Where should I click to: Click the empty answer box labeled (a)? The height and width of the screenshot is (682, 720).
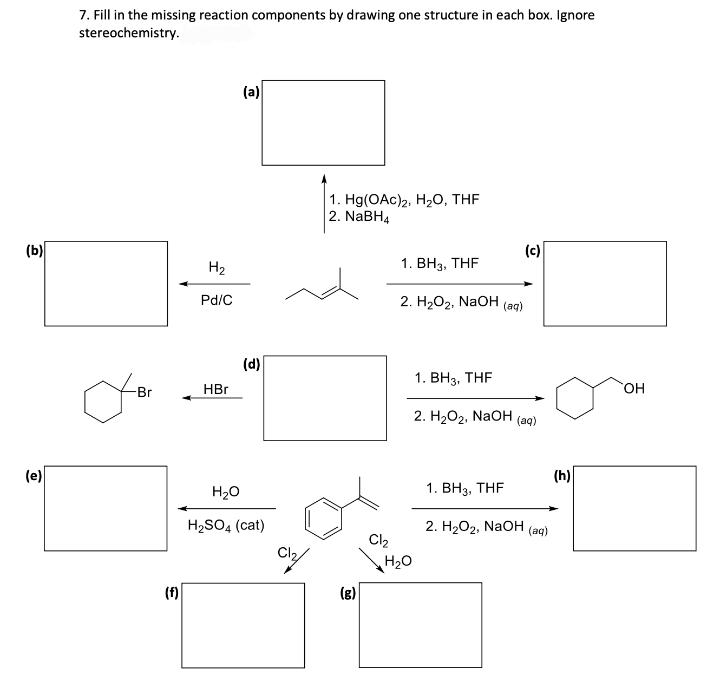323,123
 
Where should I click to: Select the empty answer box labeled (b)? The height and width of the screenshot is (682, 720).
106,284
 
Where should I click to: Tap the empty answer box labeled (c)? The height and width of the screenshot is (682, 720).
605,284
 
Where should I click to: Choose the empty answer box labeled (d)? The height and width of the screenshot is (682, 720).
325,398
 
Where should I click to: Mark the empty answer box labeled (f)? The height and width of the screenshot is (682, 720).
243,625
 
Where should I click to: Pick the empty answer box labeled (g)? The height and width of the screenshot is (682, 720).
420,625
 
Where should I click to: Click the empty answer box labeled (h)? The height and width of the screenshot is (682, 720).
634,508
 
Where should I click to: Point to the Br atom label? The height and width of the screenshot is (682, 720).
144,392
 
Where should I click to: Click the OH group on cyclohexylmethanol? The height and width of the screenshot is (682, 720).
634,389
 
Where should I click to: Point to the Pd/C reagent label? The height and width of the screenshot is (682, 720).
217,300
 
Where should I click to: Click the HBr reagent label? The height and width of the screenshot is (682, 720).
215,389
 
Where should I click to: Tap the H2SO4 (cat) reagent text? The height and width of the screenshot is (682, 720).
226,525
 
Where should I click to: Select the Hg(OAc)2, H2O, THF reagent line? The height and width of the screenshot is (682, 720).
404,200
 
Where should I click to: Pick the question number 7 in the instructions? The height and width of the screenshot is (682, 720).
84,15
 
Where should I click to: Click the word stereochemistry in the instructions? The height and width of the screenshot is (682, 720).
129,33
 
